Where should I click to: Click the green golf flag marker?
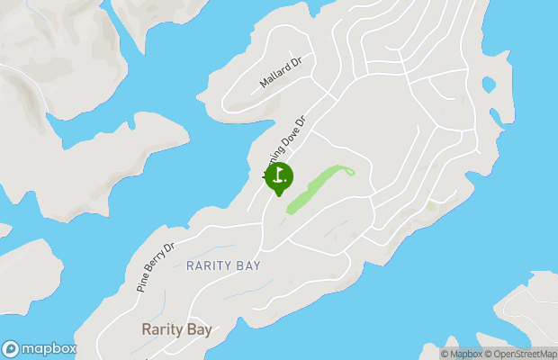point(279,175)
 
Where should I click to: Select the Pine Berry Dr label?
point(155,266)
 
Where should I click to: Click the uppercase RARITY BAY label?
point(223,265)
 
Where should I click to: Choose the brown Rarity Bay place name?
point(176,329)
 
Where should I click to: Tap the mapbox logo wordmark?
point(49,348)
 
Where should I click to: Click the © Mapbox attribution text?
point(461,354)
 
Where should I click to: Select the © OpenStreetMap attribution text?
point(521,354)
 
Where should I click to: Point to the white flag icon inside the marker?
point(279,174)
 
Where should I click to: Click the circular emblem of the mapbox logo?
point(11,348)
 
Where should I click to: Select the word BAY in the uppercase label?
point(247,265)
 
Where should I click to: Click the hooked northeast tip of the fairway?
point(349,170)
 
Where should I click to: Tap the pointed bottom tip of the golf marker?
point(279,195)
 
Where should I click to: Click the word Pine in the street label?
point(142,282)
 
